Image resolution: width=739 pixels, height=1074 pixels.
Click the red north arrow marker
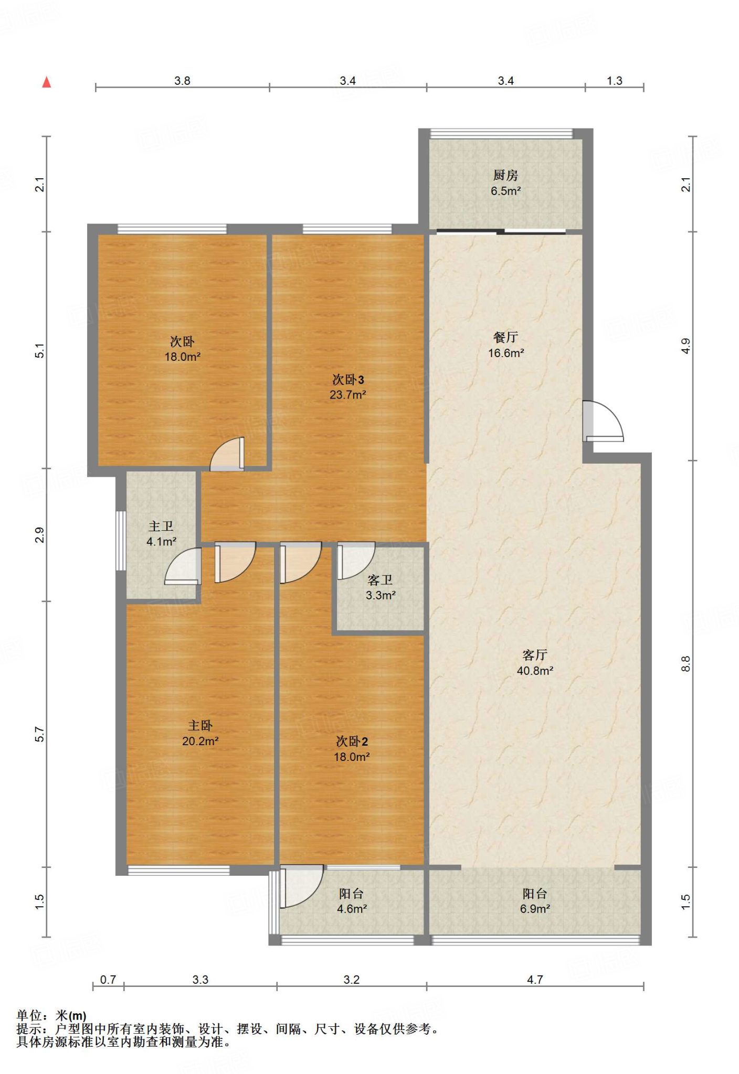(x=47, y=82)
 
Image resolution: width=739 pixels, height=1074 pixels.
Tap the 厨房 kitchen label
(x=505, y=175)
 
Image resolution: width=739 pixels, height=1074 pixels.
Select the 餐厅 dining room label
(x=506, y=337)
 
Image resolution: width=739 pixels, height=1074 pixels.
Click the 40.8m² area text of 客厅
(x=535, y=670)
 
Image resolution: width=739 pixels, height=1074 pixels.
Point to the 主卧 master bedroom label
(x=200, y=725)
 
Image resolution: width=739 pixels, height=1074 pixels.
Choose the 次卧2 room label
(x=352, y=741)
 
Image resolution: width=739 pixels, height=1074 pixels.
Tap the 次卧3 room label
(x=348, y=379)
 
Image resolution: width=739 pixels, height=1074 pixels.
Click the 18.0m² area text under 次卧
(x=183, y=357)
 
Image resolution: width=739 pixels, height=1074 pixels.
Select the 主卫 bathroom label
(x=161, y=526)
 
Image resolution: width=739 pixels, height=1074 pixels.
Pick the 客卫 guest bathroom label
(x=380, y=580)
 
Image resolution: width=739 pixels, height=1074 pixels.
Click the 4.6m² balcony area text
(x=352, y=909)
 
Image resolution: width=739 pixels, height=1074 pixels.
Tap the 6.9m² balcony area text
(x=535, y=909)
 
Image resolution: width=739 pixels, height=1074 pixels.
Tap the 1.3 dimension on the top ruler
(x=615, y=81)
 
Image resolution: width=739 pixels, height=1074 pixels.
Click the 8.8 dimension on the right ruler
(x=686, y=664)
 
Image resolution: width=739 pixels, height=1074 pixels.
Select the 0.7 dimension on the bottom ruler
(x=108, y=980)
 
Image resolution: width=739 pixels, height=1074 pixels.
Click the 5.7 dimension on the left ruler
(x=40, y=734)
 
